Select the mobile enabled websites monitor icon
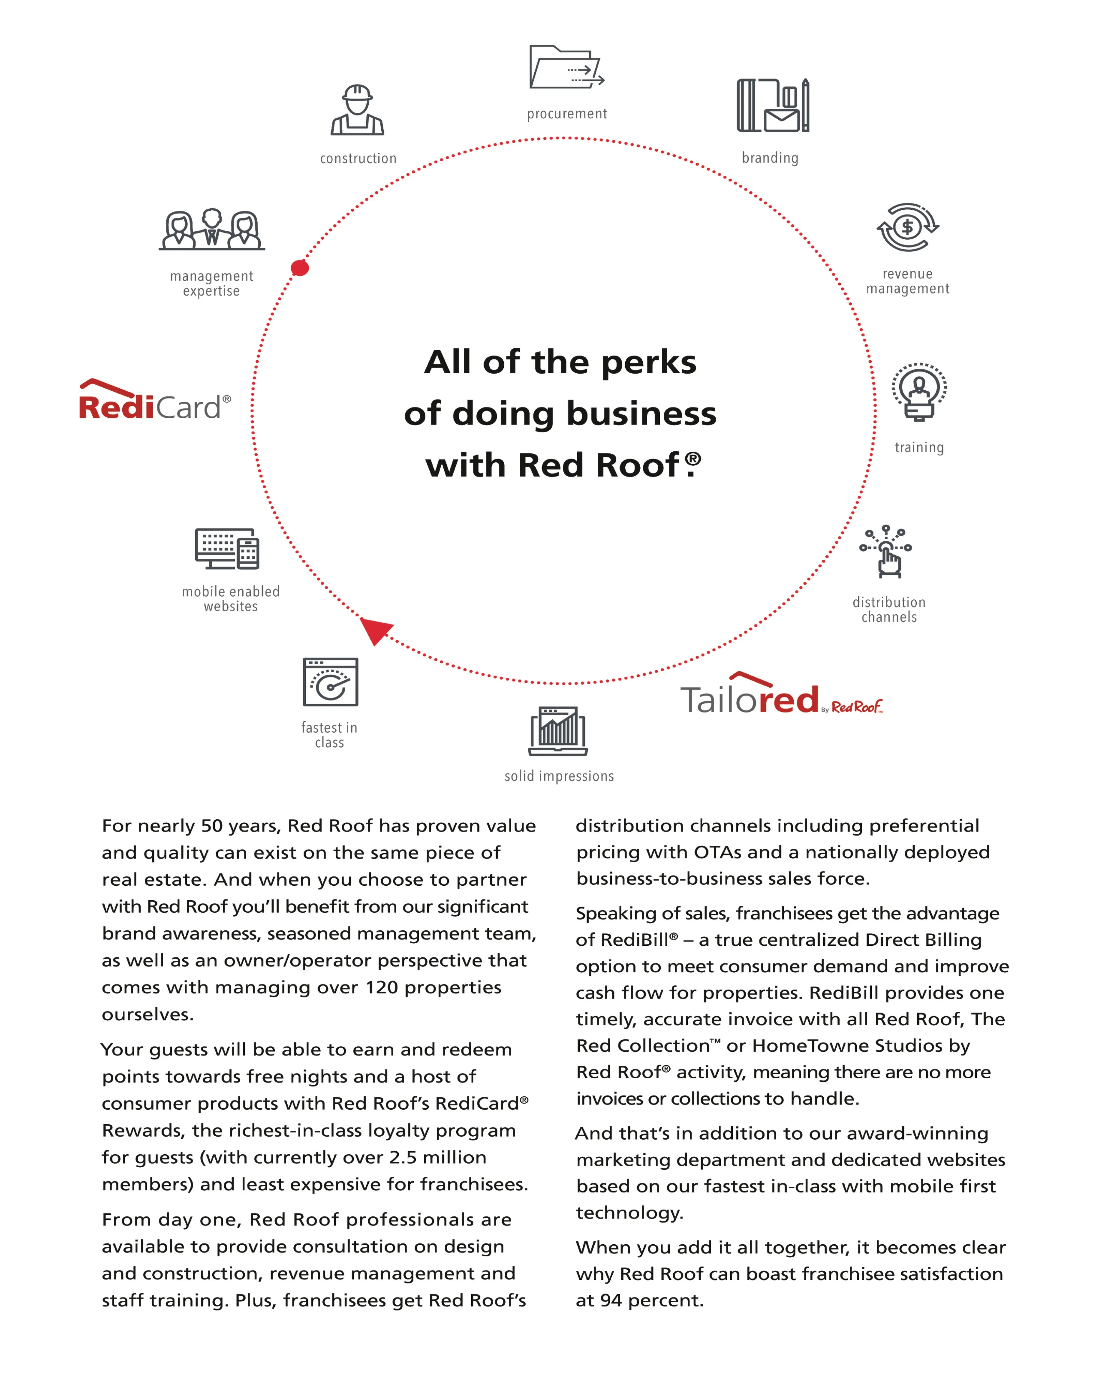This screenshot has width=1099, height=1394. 227,549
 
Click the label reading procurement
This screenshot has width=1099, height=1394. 567,114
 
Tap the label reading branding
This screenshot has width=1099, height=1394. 770,158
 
